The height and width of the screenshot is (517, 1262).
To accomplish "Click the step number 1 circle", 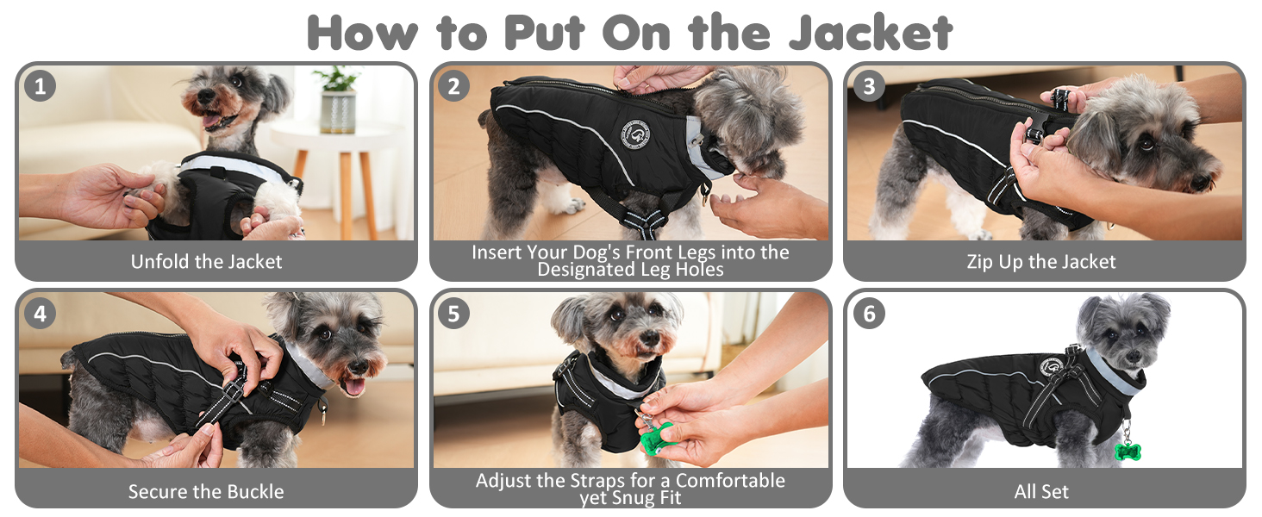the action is pos(40,86).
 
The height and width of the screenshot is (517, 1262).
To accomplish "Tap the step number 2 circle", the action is pos(453,86).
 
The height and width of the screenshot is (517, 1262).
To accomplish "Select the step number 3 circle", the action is pos(869,86).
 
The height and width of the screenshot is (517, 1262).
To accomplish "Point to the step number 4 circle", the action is pos(40,313).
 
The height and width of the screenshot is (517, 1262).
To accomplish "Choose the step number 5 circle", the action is pos(453,313).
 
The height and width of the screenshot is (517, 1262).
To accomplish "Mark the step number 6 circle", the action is pos(869,313).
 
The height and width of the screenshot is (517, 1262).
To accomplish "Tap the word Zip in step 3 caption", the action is pos(980,262).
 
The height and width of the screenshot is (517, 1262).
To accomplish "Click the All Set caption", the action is pos(1041,492).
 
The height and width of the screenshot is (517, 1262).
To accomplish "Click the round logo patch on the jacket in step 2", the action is pos(635,134).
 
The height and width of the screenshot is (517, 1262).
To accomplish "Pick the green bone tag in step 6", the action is pos(1128,452).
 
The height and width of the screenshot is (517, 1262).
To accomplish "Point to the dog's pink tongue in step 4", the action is pos(354,386).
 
